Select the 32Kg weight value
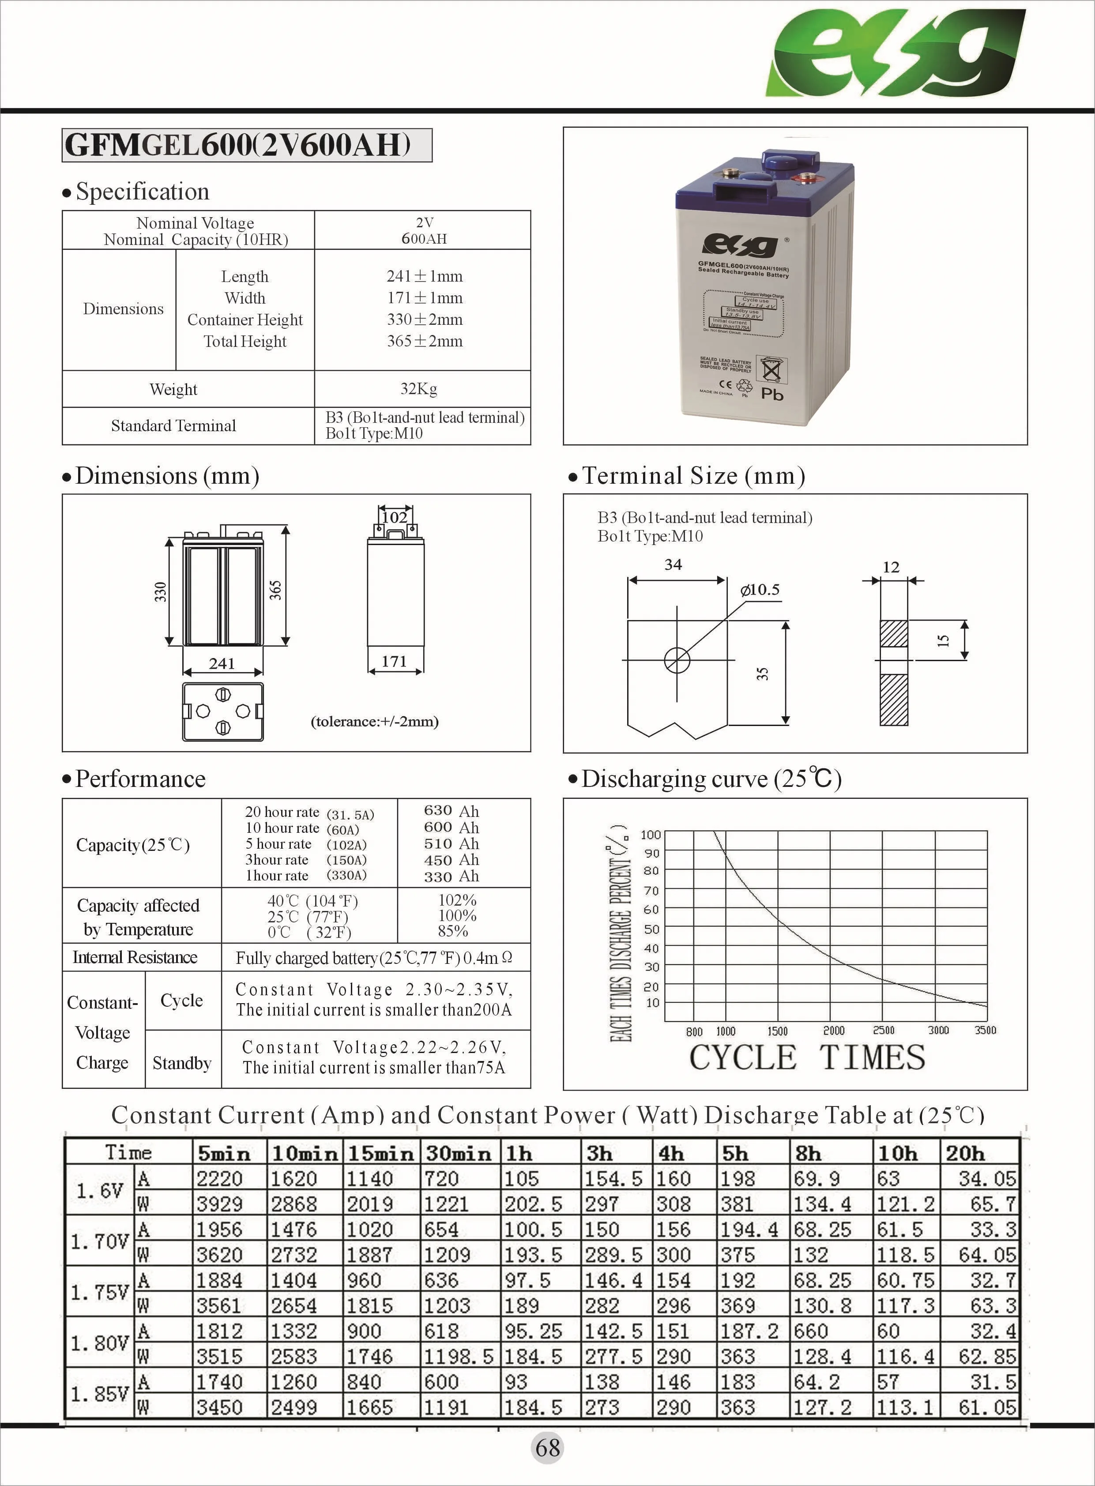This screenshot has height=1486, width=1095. pyautogui.click(x=418, y=389)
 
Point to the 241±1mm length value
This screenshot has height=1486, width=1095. pyautogui.click(x=424, y=276)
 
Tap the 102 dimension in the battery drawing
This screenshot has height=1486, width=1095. pyautogui.click(x=395, y=517)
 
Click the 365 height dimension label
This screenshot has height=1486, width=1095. pyautogui.click(x=276, y=591)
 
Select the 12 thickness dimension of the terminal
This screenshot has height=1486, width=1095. pyautogui.click(x=891, y=568)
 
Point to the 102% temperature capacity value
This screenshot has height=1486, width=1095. pyautogui.click(x=457, y=900)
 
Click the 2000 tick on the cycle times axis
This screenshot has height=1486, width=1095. pyautogui.click(x=833, y=1031)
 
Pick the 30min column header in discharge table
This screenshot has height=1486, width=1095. pyautogui.click(x=459, y=1153)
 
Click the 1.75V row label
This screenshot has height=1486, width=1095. pyautogui.click(x=99, y=1292)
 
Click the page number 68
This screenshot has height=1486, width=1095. pyautogui.click(x=547, y=1448)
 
